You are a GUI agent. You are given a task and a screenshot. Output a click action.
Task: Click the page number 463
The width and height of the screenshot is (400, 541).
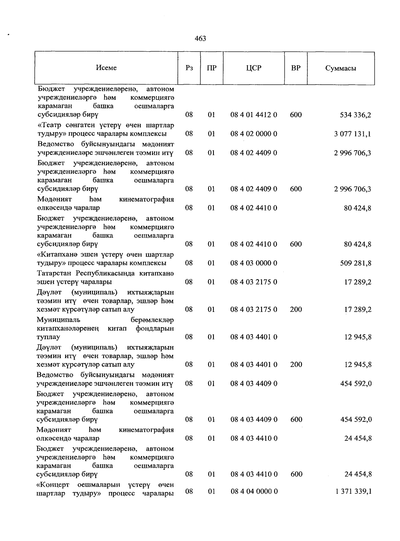(x=200, y=39)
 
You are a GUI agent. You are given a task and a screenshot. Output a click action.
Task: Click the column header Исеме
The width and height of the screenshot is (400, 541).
(x=106, y=68)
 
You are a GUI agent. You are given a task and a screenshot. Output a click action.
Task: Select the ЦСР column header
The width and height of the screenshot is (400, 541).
(x=254, y=68)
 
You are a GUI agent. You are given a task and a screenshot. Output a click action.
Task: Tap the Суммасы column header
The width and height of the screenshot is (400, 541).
(x=341, y=68)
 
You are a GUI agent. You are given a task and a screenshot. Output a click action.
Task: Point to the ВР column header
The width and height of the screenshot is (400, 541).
(x=296, y=68)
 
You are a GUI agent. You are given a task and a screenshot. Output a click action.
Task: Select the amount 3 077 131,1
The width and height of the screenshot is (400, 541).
(x=352, y=134)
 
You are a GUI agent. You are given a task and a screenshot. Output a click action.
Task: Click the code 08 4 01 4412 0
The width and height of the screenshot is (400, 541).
(x=254, y=115)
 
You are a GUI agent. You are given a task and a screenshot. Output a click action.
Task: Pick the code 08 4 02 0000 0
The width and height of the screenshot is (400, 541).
(x=254, y=134)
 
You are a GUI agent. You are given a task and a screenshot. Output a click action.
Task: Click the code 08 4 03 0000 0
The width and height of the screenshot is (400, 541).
(x=254, y=264)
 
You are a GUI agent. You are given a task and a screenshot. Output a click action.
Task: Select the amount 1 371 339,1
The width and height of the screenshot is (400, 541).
(x=353, y=492)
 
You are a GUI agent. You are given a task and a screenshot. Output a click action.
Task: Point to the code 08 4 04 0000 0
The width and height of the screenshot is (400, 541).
(x=254, y=492)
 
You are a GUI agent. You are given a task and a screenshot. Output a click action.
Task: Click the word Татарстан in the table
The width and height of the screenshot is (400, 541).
(x=55, y=273)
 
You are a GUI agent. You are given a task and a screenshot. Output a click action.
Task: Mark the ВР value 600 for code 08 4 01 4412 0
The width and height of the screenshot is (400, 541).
(x=296, y=115)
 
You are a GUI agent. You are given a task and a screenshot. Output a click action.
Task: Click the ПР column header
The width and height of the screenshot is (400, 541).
(x=211, y=68)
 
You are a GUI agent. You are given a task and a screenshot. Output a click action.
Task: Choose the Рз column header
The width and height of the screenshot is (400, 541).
(x=189, y=68)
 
